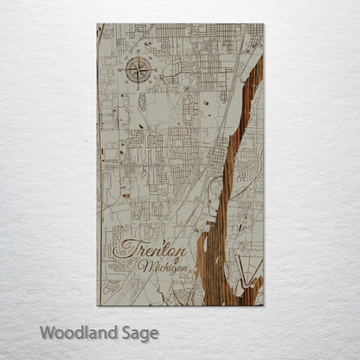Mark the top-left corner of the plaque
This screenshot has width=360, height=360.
click(x=98, y=24)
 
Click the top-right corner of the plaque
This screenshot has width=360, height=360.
click(x=263, y=24)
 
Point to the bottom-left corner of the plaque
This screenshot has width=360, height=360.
click(x=98, y=305)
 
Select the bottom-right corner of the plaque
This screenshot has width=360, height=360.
click(x=263, y=305)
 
